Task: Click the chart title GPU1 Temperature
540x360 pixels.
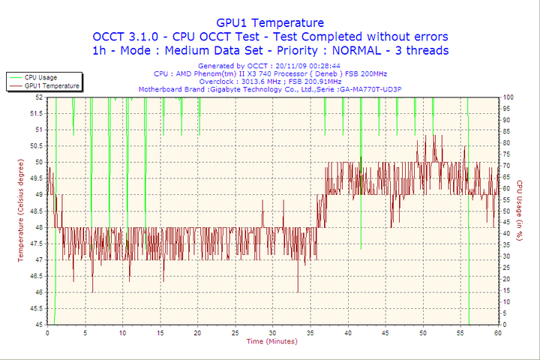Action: [x=270, y=22]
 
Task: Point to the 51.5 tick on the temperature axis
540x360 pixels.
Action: [x=35, y=113]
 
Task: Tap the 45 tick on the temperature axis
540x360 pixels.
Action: [x=37, y=325]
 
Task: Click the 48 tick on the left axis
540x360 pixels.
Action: [x=37, y=227]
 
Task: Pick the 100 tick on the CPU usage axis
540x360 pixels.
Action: [x=508, y=97]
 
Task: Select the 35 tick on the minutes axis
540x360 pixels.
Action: [x=310, y=332]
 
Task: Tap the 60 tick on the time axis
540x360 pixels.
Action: [x=498, y=332]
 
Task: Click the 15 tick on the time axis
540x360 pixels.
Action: [x=160, y=332]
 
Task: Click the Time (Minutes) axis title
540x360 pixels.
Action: [x=271, y=341]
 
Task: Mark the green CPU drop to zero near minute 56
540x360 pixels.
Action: [x=469, y=315]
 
